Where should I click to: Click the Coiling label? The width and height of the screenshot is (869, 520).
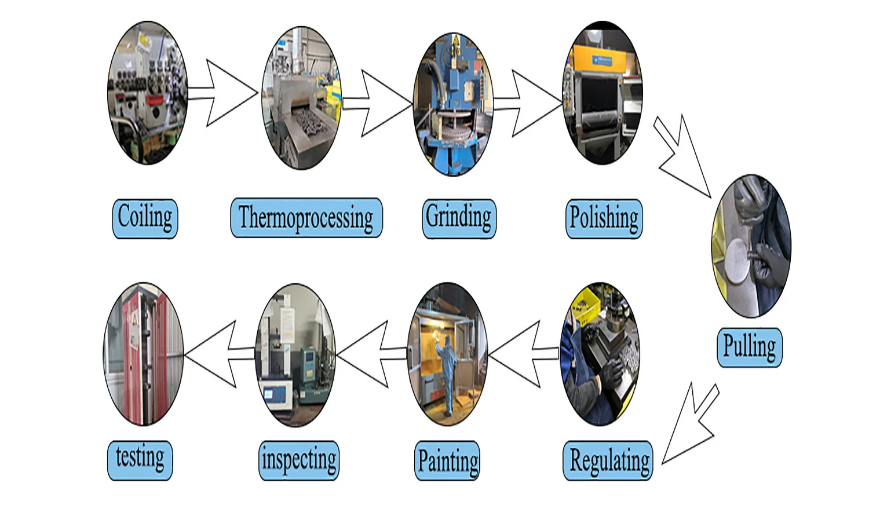pyautogui.click(x=145, y=218)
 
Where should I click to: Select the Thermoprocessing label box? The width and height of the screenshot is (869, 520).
pyautogui.click(x=306, y=218)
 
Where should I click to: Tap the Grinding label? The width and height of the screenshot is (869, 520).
pyautogui.click(x=459, y=218)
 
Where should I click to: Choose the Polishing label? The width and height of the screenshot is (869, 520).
pyautogui.click(x=604, y=218)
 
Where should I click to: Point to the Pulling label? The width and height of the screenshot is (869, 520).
pyautogui.click(x=749, y=347)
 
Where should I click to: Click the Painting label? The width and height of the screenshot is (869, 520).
pyautogui.click(x=448, y=462)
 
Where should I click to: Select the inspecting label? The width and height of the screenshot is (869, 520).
pyautogui.click(x=299, y=461)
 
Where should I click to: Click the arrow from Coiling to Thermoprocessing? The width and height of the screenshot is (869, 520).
pyautogui.click(x=226, y=93)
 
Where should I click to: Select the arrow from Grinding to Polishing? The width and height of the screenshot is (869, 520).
pyautogui.click(x=531, y=104)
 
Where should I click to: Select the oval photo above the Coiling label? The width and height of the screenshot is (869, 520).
pyautogui.click(x=148, y=93)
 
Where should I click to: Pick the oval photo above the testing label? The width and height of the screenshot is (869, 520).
pyautogui.click(x=144, y=354)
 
